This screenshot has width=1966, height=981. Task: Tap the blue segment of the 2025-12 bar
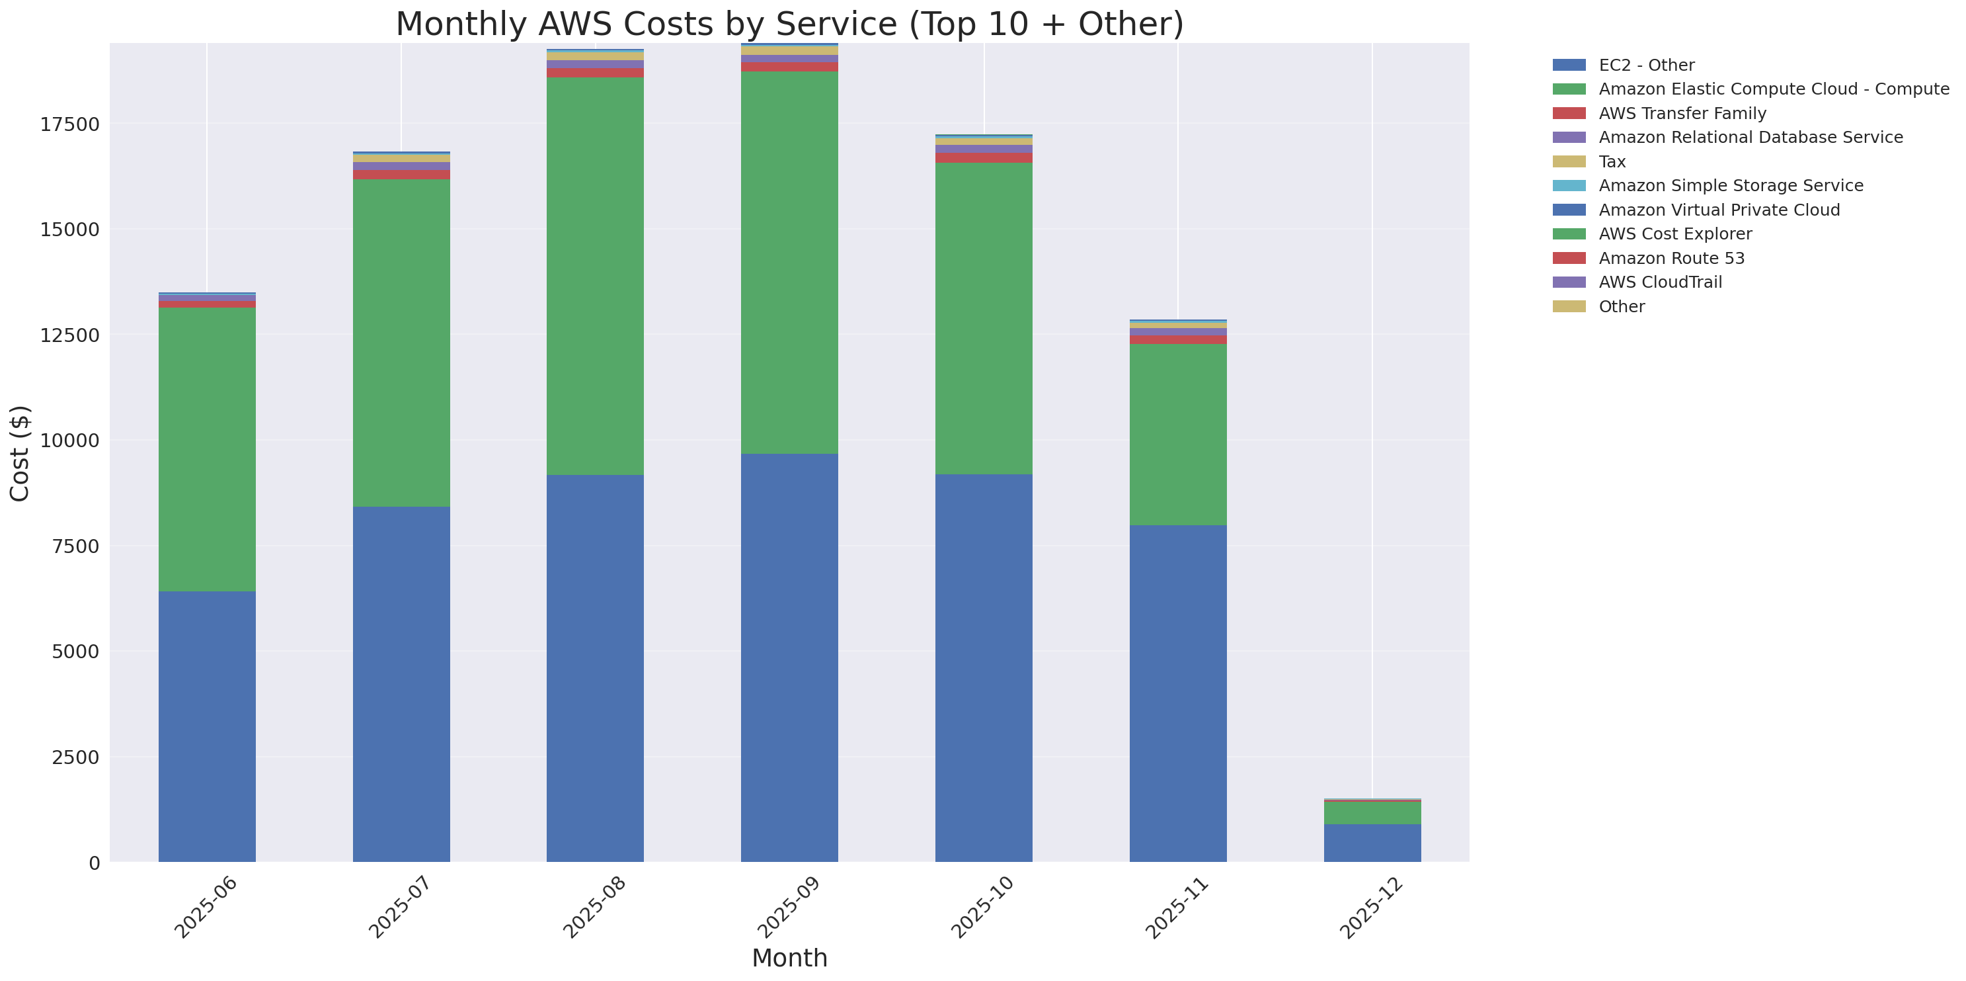1372,843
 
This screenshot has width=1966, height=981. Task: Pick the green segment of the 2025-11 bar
1177,435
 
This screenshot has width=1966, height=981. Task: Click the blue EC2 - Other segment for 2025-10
984,668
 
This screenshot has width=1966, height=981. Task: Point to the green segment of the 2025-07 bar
401,343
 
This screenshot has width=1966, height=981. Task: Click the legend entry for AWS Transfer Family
1682,113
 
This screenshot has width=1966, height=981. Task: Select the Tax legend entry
1612,162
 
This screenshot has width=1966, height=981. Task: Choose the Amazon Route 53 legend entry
1671,258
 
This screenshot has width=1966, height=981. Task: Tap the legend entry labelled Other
1621,306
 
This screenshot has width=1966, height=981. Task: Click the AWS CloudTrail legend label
1660,282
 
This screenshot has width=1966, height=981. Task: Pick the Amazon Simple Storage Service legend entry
1730,185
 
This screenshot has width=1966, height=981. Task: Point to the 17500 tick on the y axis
69,124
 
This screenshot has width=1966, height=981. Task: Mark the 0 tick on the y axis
94,863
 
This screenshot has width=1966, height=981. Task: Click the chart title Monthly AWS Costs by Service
789,24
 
